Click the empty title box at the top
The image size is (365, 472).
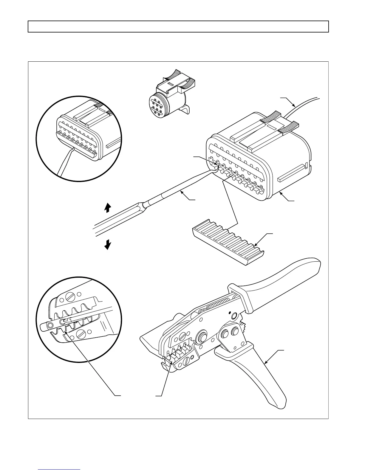(x=178, y=27)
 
